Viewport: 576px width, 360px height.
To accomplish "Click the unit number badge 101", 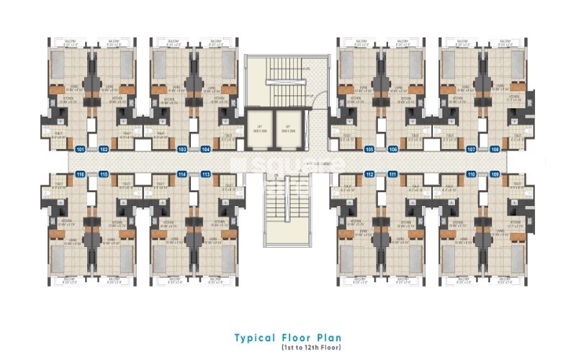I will click(81, 149).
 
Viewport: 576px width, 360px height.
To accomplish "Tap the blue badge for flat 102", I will click(104, 149).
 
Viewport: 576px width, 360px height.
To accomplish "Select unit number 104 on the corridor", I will click(206, 149).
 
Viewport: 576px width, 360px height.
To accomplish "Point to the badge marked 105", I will click(369, 149).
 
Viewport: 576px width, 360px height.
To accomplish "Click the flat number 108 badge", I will click(495, 149).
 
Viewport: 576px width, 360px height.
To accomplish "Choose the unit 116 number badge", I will click(81, 174).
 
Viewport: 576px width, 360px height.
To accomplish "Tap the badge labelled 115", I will click(104, 174).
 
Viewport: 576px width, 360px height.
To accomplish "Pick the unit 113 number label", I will click(206, 174).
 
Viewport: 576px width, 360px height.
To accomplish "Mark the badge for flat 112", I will click(369, 174).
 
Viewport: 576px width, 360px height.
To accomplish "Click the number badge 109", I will click(495, 174).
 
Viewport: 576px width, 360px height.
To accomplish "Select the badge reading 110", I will click(472, 174).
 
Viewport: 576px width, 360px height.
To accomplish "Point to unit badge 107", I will click(472, 149).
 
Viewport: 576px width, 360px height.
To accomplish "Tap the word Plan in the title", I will click(328, 337).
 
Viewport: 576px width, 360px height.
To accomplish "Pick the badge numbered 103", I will click(182, 149).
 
